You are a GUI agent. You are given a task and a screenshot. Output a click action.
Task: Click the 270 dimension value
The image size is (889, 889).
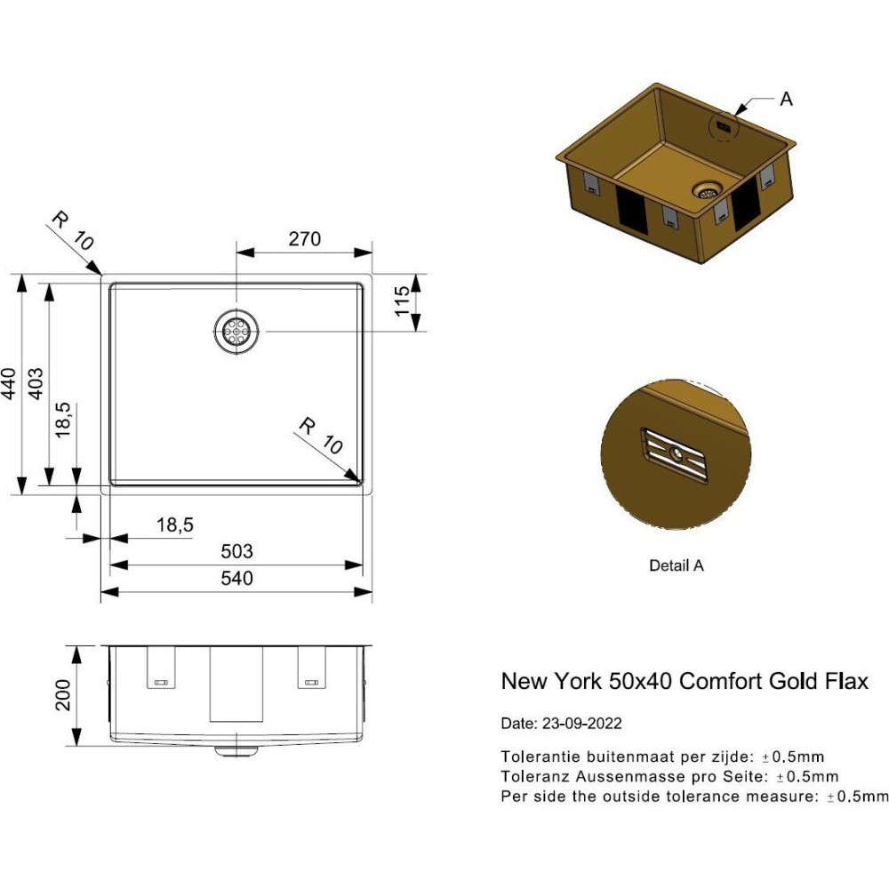304,238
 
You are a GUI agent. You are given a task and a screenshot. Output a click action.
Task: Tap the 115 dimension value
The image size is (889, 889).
402,301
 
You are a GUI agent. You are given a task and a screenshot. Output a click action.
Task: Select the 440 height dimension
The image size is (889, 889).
9,384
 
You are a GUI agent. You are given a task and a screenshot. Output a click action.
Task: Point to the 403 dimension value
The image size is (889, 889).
36,384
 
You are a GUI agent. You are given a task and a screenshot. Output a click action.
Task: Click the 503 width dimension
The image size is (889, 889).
236,551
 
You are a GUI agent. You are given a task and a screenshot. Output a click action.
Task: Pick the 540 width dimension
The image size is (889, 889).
236,579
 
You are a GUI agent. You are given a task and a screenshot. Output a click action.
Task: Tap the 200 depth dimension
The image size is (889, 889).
62,695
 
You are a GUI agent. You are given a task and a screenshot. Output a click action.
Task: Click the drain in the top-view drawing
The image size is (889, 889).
236,331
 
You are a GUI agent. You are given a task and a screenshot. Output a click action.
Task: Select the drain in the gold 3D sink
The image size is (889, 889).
707,190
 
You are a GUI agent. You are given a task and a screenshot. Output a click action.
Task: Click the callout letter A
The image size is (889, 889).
786,100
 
